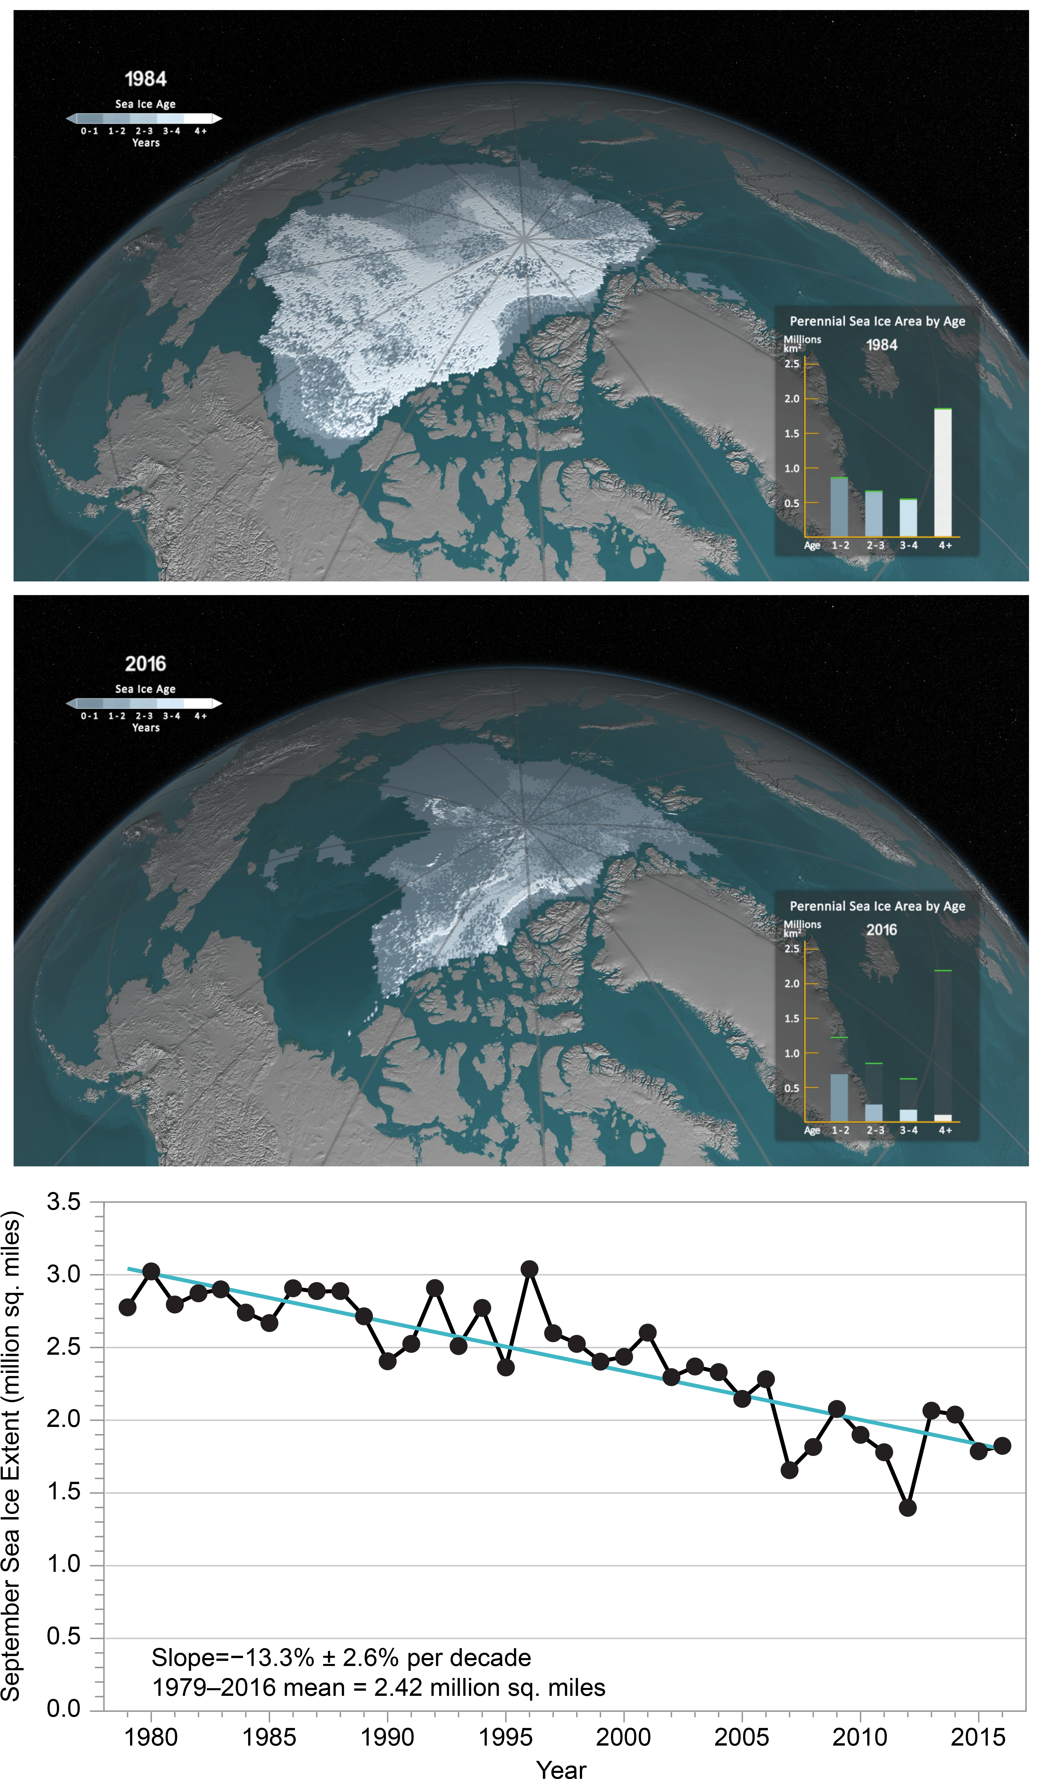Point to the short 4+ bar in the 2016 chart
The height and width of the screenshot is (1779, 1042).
[943, 1117]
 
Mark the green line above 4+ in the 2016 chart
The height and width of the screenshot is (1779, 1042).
[943, 971]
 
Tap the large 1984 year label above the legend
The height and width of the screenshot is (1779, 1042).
[145, 79]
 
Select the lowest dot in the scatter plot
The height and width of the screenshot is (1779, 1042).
[908, 1507]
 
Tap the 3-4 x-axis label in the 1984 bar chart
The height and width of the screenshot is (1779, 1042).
[909, 545]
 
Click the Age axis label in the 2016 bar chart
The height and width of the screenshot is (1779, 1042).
[812, 1130]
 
